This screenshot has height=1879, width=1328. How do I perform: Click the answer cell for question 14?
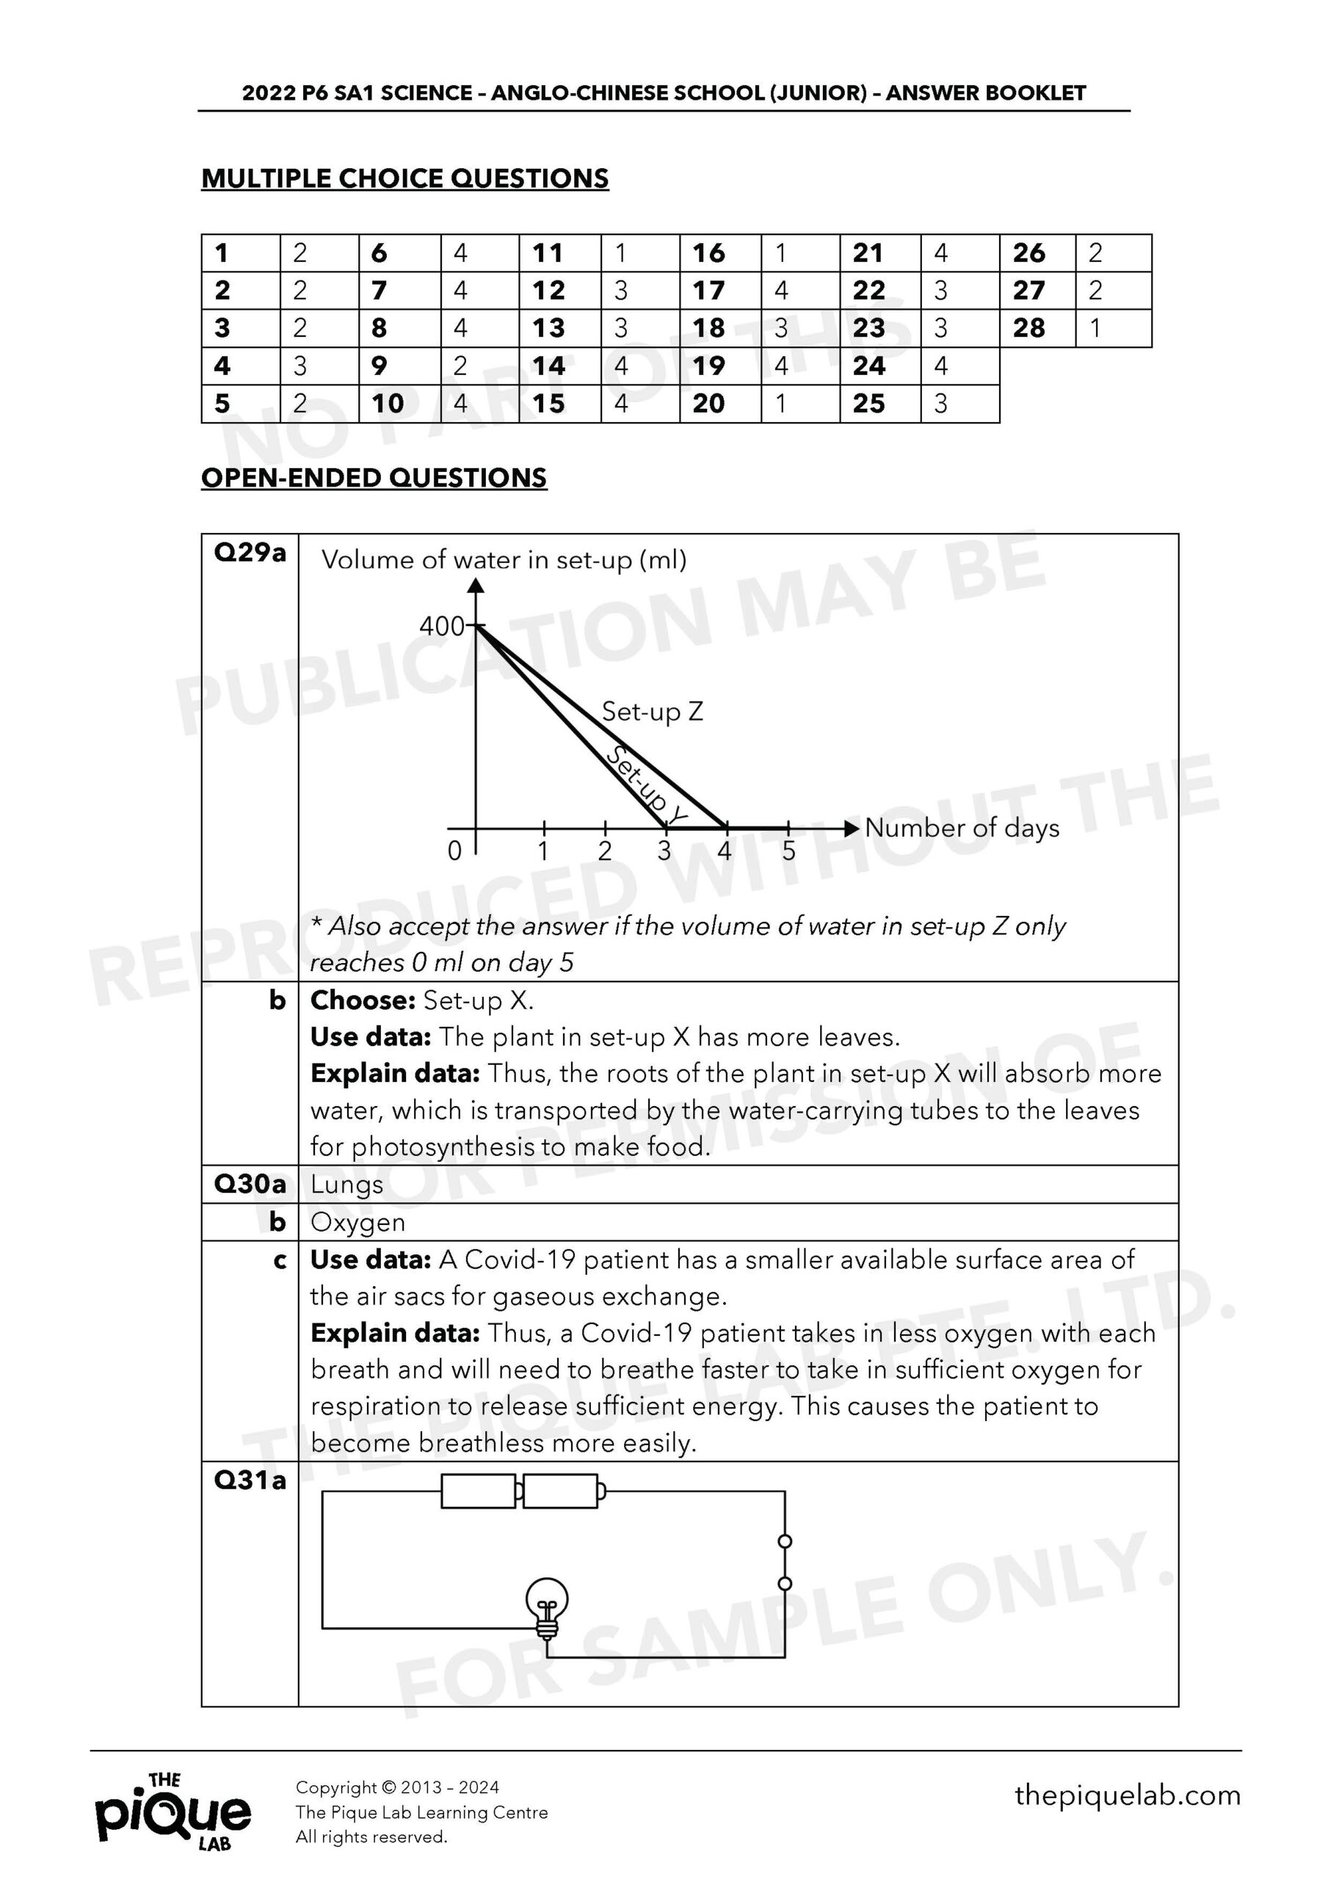click(x=639, y=366)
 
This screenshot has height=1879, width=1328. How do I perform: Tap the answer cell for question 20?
click(x=800, y=404)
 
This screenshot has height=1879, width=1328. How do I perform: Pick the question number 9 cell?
click(x=399, y=366)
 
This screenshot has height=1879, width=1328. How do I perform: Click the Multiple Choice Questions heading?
click(x=404, y=178)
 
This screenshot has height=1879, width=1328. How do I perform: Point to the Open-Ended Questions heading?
click(x=374, y=478)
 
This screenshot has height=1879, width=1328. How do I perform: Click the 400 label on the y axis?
click(x=441, y=626)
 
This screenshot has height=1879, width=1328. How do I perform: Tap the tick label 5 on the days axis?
click(x=788, y=851)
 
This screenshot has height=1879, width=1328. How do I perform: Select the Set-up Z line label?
click(x=652, y=711)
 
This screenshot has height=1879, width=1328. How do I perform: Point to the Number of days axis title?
click(x=961, y=827)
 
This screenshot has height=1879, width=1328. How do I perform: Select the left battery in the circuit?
click(x=478, y=1491)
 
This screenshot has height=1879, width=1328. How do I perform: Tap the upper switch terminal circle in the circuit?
click(x=784, y=1542)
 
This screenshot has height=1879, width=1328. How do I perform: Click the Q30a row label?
click(x=250, y=1183)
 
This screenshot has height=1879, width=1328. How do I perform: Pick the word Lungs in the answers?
click(x=346, y=1184)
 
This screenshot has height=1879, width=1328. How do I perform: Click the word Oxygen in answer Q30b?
click(x=358, y=1222)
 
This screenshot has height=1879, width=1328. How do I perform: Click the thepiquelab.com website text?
click(x=1127, y=1795)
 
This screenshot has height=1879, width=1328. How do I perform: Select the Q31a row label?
click(x=250, y=1480)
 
